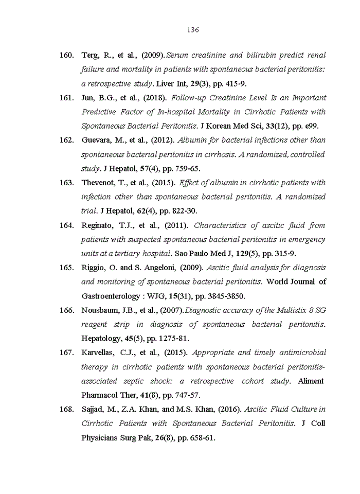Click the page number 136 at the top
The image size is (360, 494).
tap(193, 30)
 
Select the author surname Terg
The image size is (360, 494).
tap(91, 55)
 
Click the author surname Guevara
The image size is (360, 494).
tap(97, 140)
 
